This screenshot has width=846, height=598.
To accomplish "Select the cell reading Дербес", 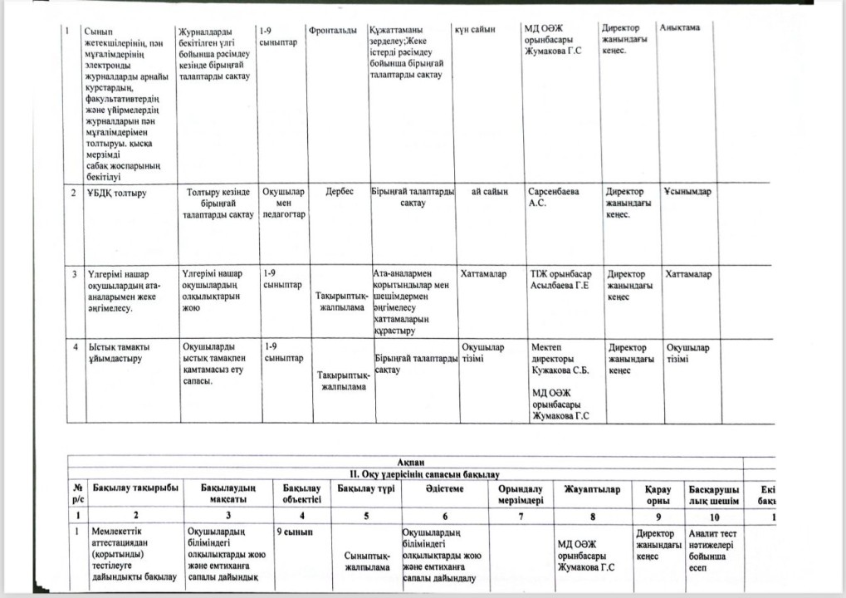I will click(340, 192).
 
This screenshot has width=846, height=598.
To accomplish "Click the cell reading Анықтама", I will click(680, 28).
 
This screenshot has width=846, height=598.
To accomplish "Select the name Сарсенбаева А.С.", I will click(553, 197).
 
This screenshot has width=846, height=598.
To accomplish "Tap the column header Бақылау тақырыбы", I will click(135, 490).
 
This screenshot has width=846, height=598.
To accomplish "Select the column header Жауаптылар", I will click(591, 490).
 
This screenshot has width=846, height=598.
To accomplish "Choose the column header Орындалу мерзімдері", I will click(521, 495).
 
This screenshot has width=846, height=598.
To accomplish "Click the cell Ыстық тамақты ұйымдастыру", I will click(115, 353).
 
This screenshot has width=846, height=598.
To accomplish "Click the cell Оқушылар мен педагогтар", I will click(283, 203).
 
